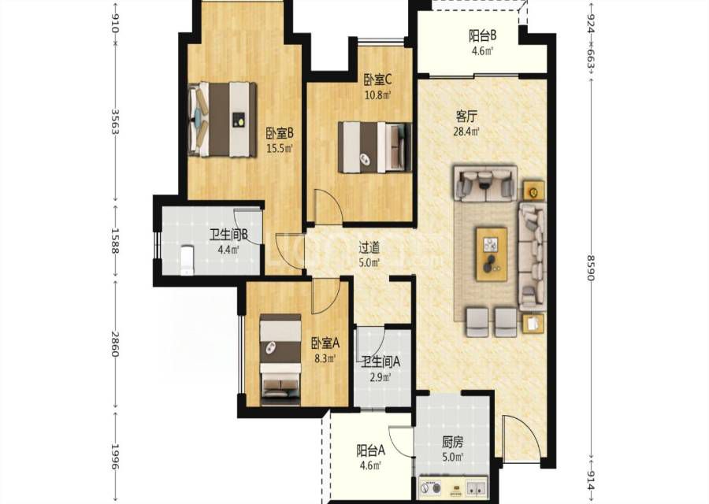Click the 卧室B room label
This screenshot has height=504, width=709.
pos(280,133)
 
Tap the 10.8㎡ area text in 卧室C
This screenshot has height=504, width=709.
pos(378,95)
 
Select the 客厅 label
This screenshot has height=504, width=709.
pos(466,117)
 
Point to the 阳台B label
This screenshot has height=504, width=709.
pos(482,35)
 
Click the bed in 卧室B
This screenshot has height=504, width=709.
pos(222,120)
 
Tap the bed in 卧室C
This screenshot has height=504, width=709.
pos(375,147)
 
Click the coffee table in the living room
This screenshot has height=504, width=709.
pos(491,254)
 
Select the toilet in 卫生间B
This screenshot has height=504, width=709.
pos(187,260)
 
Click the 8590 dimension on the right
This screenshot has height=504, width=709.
pos(591,267)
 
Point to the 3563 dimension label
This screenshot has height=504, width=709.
pos(115,122)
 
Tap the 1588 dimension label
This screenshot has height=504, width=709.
pos(115,241)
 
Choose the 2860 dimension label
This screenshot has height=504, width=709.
pos(115,344)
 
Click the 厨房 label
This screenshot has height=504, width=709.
pos(452,442)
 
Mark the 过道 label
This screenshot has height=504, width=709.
pos(369,247)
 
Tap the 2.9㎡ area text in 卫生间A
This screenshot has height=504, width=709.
pos(380,377)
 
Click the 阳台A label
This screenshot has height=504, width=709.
pos(371,450)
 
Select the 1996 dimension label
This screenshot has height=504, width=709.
pos(115,457)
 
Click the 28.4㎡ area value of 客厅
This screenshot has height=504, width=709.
pos(466,132)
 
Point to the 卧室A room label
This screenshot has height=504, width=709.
pos(325,343)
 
